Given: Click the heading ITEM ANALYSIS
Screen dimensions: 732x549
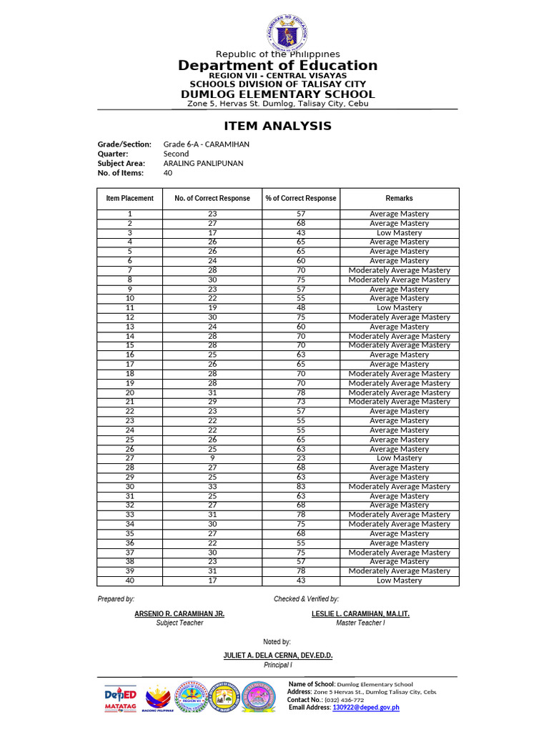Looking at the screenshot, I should coord(277,126).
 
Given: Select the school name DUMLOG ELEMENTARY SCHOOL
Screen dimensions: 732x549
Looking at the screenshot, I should coord(277,94).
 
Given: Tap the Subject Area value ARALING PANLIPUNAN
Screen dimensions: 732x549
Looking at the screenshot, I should coord(203,163).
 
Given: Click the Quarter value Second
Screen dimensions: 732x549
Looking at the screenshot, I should coord(176,154).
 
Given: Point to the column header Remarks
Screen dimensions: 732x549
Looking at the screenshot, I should coord(399,198).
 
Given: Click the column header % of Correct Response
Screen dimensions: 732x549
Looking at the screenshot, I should coord(300,198).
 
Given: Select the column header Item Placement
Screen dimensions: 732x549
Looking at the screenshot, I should coord(129,198).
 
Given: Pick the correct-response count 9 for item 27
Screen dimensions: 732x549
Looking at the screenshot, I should coord(212,458).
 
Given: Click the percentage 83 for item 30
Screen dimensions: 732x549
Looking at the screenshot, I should coord(301,487).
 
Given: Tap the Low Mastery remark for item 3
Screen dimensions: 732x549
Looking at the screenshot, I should coord(399,233).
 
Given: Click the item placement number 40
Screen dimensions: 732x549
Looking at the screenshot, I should coord(129,580).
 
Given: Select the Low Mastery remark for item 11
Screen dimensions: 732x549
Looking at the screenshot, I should coord(399,308).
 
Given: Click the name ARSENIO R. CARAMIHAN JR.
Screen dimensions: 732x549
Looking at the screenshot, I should coord(179,614).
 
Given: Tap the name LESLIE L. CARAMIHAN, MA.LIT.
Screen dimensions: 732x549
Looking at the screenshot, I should coord(360,614).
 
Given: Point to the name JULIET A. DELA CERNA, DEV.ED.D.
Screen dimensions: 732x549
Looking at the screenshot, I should coord(277,656).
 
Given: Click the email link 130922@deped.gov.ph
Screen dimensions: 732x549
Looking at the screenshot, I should coord(365,707).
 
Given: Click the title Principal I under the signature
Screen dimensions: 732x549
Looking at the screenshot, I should coord(277,665).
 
